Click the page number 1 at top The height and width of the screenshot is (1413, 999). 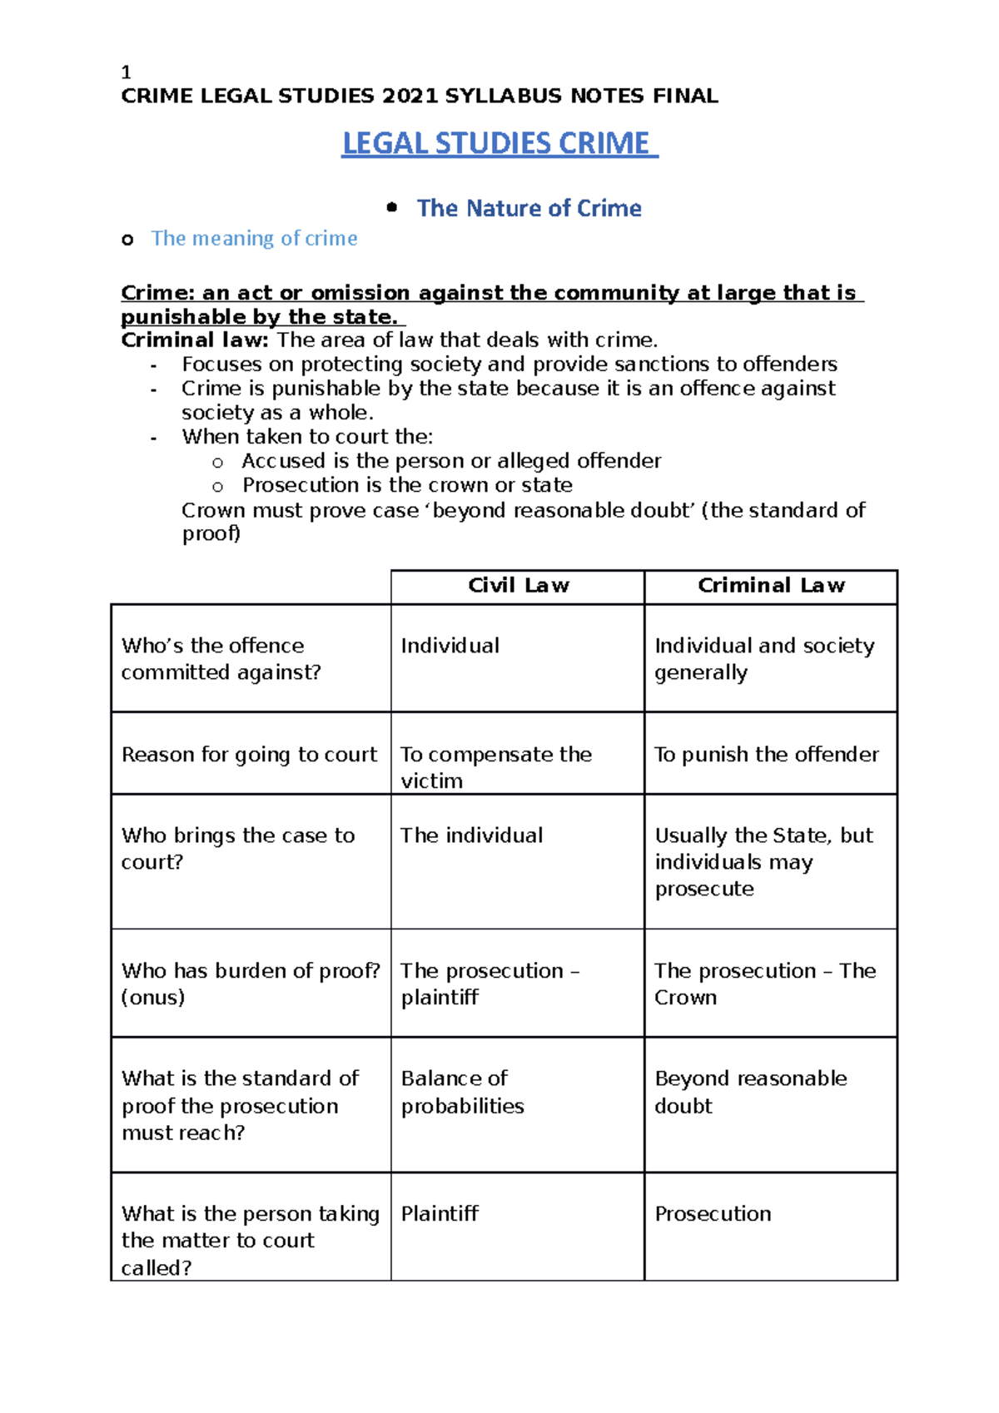pyautogui.click(x=126, y=72)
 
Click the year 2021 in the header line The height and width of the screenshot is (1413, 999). pyautogui.click(x=410, y=97)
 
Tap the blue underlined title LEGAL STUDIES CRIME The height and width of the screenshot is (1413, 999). pyautogui.click(x=499, y=144)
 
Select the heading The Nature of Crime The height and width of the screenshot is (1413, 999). pyautogui.click(x=529, y=208)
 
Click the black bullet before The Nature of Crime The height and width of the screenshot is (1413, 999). pyautogui.click(x=392, y=207)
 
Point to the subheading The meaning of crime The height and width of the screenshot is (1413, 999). pyautogui.click(x=254, y=239)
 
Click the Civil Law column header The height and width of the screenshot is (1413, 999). pyautogui.click(x=518, y=586)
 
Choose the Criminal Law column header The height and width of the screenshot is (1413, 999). pyautogui.click(x=771, y=586)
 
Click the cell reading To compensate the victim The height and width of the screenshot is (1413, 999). pyautogui.click(x=496, y=766)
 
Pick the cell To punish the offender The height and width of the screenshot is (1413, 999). pyautogui.click(x=766, y=755)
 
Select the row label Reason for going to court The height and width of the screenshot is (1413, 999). pyautogui.click(x=249, y=755)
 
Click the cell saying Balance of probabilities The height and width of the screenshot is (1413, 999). pyautogui.click(x=462, y=1092)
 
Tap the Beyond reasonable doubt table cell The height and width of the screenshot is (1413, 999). pyautogui.click(x=750, y=1092)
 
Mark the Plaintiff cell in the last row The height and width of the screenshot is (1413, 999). pyautogui.click(x=440, y=1214)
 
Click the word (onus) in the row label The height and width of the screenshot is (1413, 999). pyautogui.click(x=153, y=998)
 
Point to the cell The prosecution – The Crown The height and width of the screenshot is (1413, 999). pyautogui.click(x=764, y=984)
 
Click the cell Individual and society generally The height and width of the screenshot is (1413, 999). pyautogui.click(x=763, y=658)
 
